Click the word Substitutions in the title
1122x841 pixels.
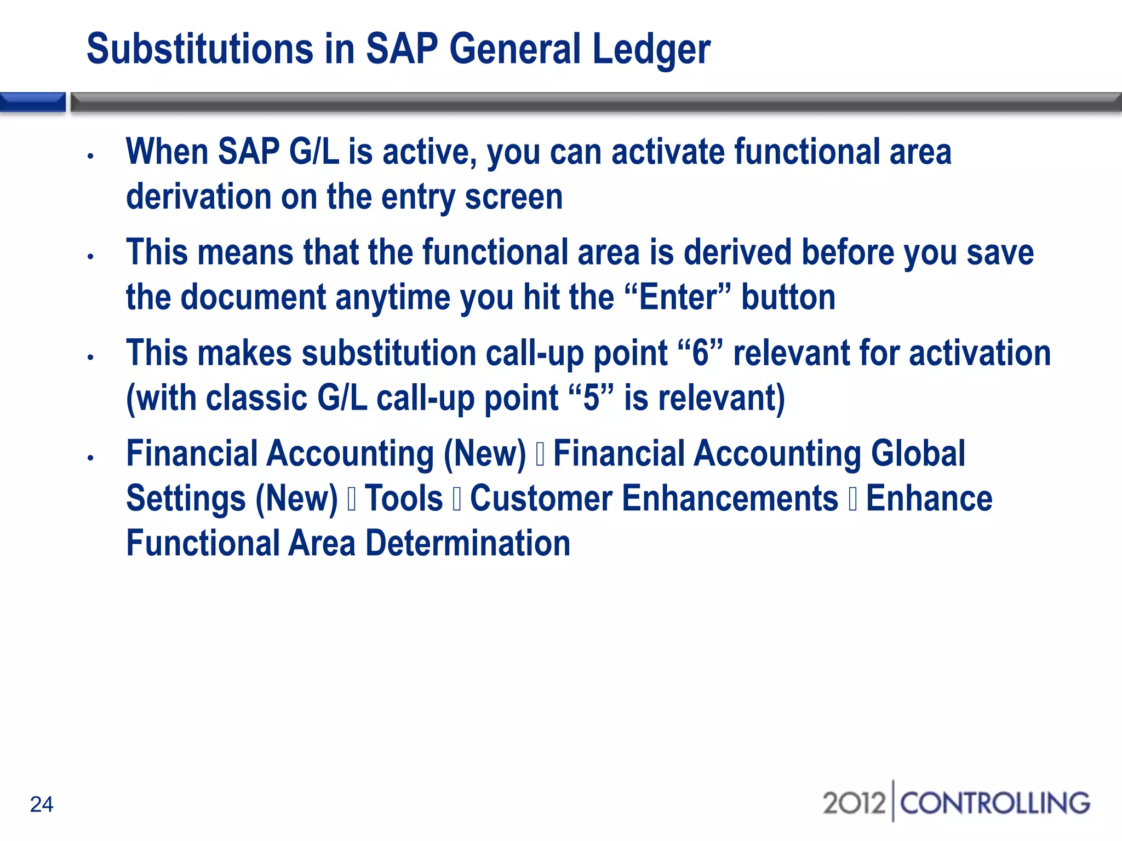click(200, 49)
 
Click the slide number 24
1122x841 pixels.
click(42, 804)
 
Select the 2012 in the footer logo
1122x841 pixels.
click(854, 803)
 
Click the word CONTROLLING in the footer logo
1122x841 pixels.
click(994, 803)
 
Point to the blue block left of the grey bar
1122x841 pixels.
click(32, 102)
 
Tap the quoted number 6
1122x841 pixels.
click(700, 353)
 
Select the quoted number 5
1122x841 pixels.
click(591, 398)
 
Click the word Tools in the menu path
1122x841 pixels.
click(404, 499)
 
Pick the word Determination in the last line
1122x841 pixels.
click(468, 544)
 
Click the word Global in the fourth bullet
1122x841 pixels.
click(918, 454)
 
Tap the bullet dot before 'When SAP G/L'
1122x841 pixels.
click(91, 157)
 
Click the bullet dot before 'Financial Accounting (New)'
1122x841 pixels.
click(91, 458)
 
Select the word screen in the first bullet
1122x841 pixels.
click(513, 197)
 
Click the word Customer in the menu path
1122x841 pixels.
click(541, 499)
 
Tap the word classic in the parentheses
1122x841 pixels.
click(256, 398)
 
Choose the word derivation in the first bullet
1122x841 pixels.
click(198, 197)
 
